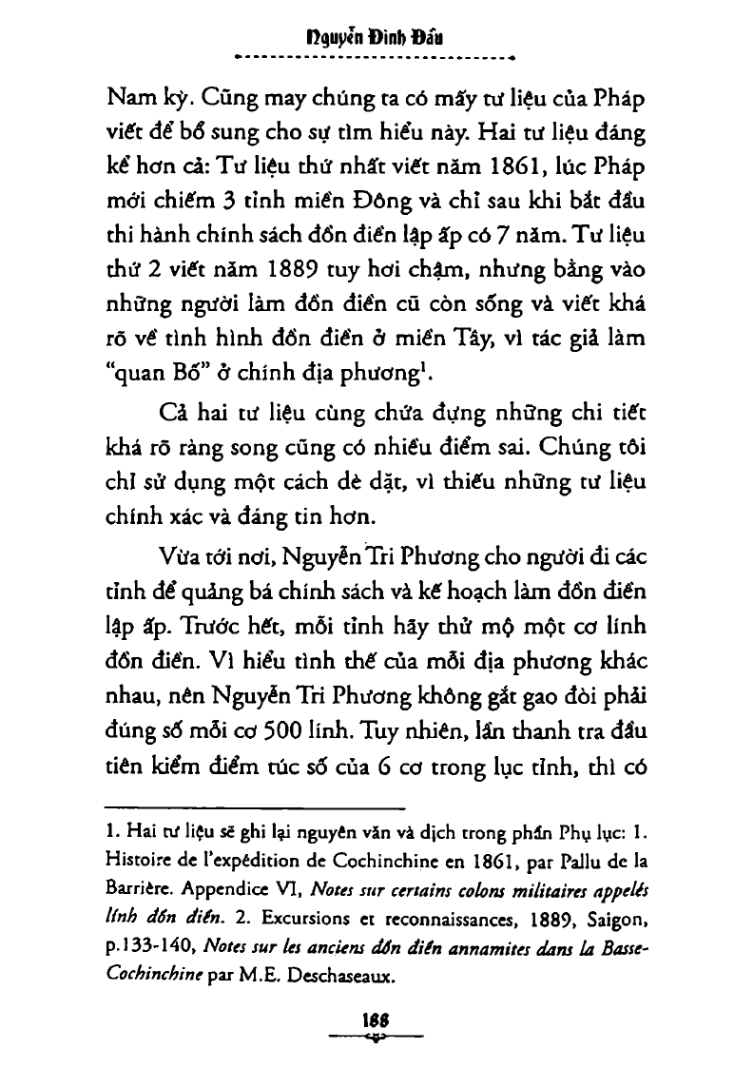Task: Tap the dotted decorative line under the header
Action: coord(377,59)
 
